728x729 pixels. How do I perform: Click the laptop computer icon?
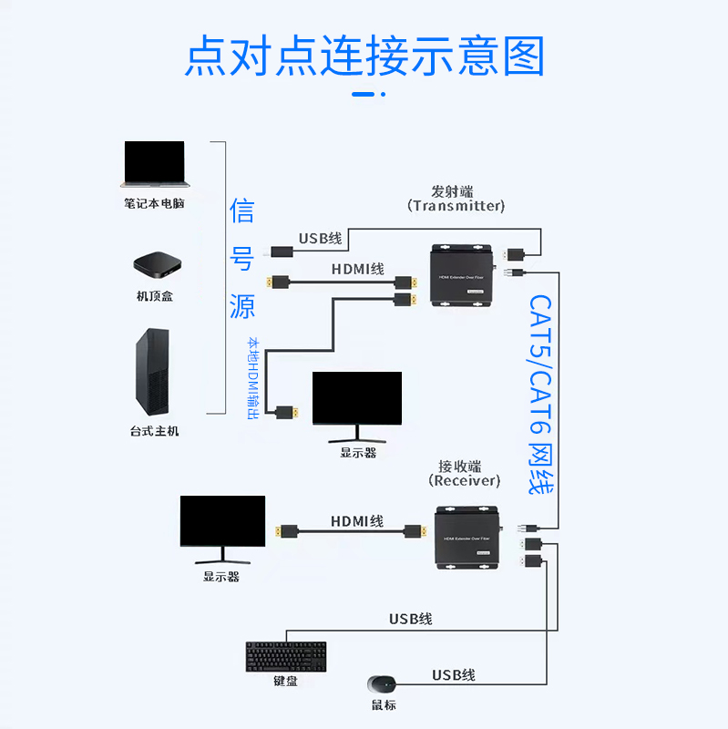[x=154, y=165]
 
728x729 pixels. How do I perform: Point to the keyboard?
[x=285, y=657]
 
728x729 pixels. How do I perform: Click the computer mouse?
[x=383, y=683]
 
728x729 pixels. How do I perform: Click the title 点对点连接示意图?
[x=364, y=56]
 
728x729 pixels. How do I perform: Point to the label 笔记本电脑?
[x=154, y=203]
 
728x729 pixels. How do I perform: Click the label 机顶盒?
[x=154, y=296]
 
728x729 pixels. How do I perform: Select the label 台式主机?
[x=154, y=431]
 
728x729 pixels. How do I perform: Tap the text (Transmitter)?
[x=456, y=206]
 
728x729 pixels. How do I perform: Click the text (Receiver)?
[x=465, y=480]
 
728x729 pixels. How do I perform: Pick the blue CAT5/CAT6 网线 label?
[x=541, y=394]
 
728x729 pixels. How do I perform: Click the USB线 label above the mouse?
[x=454, y=675]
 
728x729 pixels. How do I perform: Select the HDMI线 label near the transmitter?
[x=357, y=269]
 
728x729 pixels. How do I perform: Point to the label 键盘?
[x=285, y=682]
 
